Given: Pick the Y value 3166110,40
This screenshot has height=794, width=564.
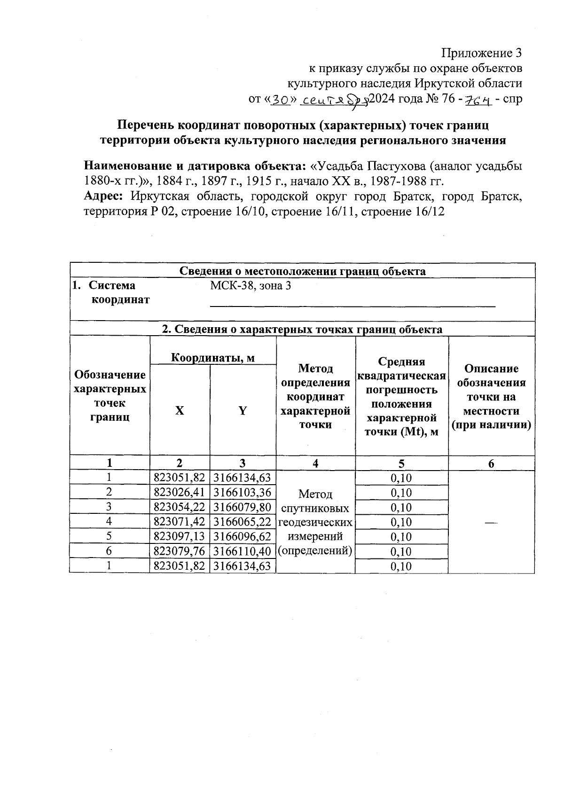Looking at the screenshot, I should [243, 551].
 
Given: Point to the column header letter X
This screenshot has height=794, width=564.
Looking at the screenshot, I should [180, 410].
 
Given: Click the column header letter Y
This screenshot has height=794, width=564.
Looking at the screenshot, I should [243, 410].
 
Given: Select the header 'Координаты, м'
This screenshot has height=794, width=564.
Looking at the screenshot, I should [212, 358].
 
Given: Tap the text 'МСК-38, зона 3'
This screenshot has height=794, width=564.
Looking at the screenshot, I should [250, 285].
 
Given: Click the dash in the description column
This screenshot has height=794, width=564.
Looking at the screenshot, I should [491, 522].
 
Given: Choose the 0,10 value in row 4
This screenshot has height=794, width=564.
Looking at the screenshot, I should [401, 522].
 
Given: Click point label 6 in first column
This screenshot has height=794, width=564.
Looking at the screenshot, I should [109, 551].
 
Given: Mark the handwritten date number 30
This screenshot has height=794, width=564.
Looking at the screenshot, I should [280, 100].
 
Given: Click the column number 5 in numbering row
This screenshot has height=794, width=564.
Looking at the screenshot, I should [401, 464].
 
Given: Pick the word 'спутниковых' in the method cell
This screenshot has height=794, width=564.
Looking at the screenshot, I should [315, 508].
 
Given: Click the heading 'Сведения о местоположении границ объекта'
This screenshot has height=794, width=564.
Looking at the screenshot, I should [303, 271].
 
